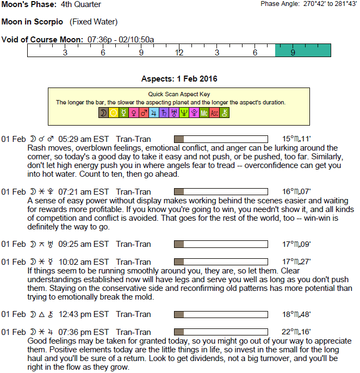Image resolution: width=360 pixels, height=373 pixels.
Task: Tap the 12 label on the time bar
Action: [x=179, y=52]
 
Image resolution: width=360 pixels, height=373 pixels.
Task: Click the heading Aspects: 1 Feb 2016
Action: [x=179, y=79]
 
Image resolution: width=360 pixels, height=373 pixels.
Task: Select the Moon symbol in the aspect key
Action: [x=103, y=113]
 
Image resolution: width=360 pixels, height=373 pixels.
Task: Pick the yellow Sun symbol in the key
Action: [x=114, y=113]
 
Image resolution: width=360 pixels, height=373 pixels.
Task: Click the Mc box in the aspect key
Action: [x=204, y=113]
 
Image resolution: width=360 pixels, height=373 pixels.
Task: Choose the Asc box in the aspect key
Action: [x=214, y=113]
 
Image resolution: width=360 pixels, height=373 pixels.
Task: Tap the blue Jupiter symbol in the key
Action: [x=154, y=113]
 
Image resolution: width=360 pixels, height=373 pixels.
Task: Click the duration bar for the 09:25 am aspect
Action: [x=221, y=244]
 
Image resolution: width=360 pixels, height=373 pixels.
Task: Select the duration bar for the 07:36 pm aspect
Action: [x=221, y=332]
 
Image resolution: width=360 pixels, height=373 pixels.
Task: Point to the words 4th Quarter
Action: [x=81, y=5]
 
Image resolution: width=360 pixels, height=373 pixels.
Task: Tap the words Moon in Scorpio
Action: [x=33, y=22]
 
